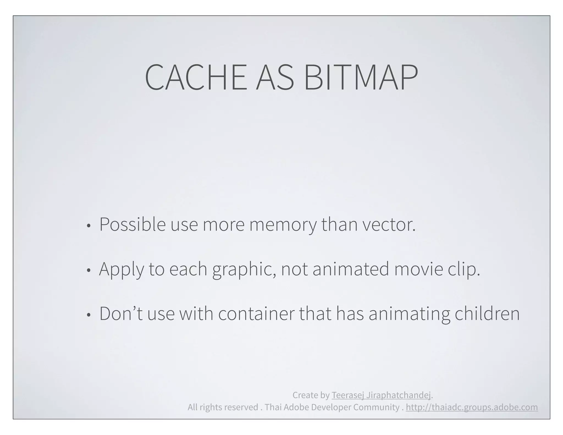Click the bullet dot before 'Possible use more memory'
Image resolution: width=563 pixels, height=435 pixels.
[88, 226]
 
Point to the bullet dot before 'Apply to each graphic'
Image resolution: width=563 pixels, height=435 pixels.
[88, 271]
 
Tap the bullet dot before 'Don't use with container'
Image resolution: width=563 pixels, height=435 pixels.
[88, 315]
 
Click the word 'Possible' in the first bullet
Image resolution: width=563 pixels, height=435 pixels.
[132, 225]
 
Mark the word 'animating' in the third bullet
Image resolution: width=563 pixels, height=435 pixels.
[409, 314]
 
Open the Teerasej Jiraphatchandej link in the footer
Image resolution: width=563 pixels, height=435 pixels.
[381, 395]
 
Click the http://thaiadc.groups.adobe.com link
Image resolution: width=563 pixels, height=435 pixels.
[472, 407]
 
